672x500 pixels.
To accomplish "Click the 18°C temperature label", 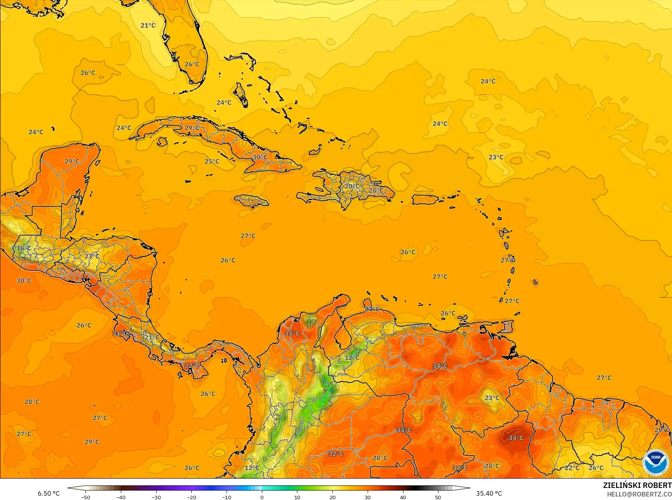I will (x=23, y=248).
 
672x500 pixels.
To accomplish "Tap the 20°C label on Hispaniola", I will (x=352, y=186).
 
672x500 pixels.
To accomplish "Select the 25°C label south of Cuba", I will (x=212, y=162).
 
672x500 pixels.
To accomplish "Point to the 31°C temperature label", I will (x=119, y=333).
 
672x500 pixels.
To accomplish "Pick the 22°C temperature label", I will (x=572, y=468).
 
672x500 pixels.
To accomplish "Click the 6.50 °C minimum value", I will (x=49, y=493).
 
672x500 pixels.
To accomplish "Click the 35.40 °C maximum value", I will (x=489, y=493).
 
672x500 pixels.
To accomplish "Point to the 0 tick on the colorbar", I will (x=262, y=497).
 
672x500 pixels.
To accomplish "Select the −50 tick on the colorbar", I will (x=86, y=497).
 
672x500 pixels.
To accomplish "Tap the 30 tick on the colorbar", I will (x=368, y=497).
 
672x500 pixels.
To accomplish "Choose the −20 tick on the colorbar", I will (x=191, y=497).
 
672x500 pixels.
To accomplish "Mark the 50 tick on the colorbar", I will (x=438, y=497).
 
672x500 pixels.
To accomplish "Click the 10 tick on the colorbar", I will (x=297, y=497).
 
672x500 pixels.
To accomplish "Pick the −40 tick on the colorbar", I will (x=121, y=497).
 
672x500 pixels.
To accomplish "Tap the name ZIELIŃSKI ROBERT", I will (x=637, y=485).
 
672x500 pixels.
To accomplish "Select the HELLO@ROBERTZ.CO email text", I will (x=639, y=494).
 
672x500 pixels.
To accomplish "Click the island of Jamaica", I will (x=251, y=200).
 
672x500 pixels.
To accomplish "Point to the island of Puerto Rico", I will (x=425, y=200).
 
